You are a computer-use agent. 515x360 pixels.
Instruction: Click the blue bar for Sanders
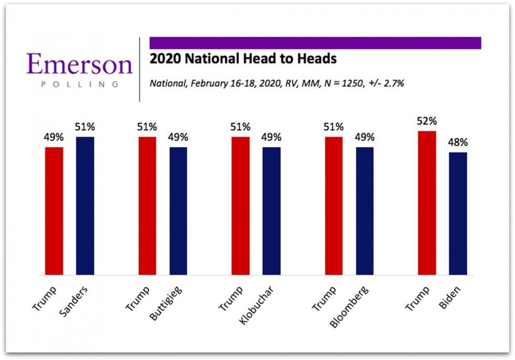tap(85, 205)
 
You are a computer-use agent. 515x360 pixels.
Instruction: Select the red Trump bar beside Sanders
tap(54, 211)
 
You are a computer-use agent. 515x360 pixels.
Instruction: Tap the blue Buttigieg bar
tap(179, 211)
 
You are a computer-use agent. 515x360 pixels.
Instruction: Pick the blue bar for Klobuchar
tap(272, 211)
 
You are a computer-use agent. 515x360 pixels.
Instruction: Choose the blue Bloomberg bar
tap(365, 211)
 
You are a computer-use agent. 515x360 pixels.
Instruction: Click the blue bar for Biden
tap(458, 213)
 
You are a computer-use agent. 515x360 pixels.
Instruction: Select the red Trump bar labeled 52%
tap(427, 203)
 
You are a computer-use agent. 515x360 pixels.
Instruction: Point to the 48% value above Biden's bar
tap(458, 143)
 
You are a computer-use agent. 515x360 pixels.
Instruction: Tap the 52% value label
tap(427, 121)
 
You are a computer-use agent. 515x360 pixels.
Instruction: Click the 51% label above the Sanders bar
tap(85, 127)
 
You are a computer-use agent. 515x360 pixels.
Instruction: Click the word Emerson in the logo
tap(79, 65)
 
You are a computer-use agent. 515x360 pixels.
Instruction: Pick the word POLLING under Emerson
tap(79, 84)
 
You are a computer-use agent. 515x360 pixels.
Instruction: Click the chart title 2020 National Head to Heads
tap(243, 59)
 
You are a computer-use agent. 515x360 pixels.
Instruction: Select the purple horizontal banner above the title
tap(315, 43)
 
